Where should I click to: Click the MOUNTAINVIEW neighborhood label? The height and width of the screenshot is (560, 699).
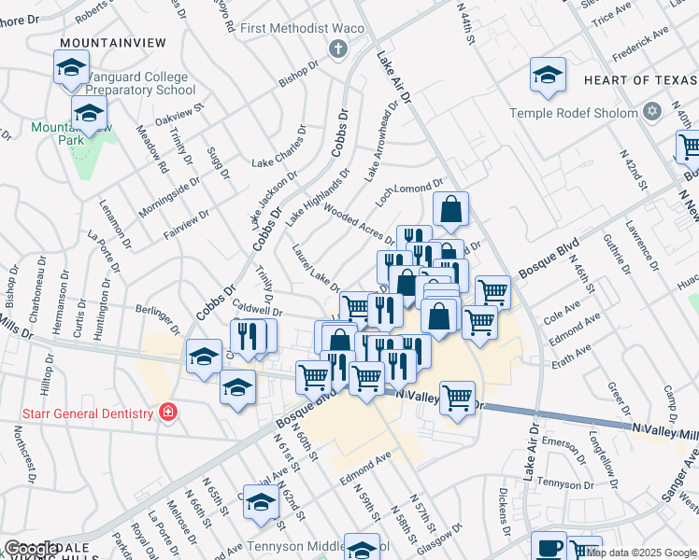(x=112, y=43)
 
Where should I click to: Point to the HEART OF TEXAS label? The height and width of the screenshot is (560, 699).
(x=640, y=81)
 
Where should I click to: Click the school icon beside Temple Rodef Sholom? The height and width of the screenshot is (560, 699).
(x=548, y=77)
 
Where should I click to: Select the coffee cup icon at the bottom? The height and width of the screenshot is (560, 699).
(x=549, y=547)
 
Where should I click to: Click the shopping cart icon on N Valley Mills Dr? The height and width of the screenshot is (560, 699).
(x=458, y=399)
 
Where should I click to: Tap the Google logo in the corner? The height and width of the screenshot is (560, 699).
(x=30, y=550)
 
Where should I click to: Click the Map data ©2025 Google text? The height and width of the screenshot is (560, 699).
(x=639, y=553)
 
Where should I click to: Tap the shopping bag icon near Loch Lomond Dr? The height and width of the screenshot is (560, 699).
(x=451, y=211)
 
